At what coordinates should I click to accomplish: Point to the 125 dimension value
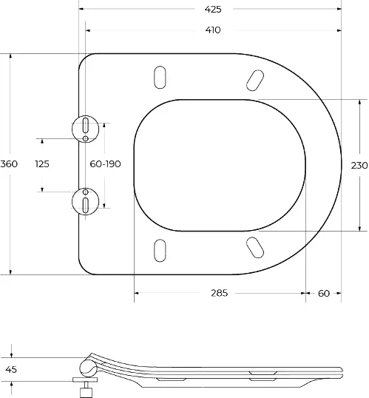click(x=42, y=164)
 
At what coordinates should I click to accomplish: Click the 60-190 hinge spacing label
click(x=104, y=164)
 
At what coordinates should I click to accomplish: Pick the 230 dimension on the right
click(x=359, y=166)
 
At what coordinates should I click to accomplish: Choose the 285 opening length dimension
click(x=219, y=293)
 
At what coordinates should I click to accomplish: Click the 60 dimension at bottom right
click(x=324, y=293)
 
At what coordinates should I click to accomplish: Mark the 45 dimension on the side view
click(x=10, y=369)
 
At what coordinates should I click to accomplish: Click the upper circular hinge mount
click(x=86, y=127)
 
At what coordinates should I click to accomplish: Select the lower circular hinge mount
click(x=86, y=200)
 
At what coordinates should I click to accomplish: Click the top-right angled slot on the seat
click(x=254, y=78)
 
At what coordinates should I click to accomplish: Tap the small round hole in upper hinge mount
click(x=86, y=138)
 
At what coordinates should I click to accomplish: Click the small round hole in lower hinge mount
click(x=86, y=190)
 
